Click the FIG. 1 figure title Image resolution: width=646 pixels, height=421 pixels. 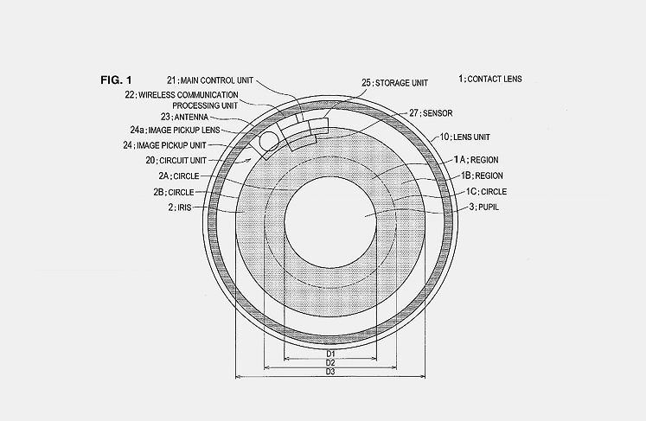click(x=116, y=80)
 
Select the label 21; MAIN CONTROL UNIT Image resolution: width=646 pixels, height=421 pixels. click(x=210, y=80)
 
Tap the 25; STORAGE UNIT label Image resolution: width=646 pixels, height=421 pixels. click(x=394, y=83)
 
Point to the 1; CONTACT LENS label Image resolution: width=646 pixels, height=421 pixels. click(x=490, y=79)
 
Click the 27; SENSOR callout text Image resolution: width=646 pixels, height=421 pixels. click(x=431, y=113)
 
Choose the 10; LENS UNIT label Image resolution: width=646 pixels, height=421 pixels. click(x=465, y=137)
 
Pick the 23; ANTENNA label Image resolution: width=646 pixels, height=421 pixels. click(x=184, y=117)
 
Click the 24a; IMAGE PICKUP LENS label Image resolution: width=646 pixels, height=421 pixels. click(x=175, y=131)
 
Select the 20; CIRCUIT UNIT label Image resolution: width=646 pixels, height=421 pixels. click(x=176, y=160)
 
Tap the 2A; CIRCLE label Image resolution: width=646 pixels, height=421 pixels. click(x=179, y=175)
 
